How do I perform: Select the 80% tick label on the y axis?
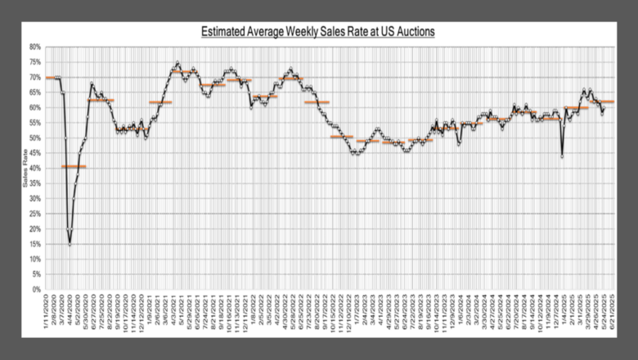pos(35,47)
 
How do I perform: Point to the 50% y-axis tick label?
pos(35,137)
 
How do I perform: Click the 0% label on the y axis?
pos(37,289)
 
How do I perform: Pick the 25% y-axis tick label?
pos(35,214)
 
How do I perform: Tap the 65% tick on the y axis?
pos(35,92)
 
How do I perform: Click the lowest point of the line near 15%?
pos(70,244)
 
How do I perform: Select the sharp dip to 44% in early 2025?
pos(562,155)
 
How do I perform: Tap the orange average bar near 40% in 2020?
pos(74,167)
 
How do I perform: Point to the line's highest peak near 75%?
pos(177,62)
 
